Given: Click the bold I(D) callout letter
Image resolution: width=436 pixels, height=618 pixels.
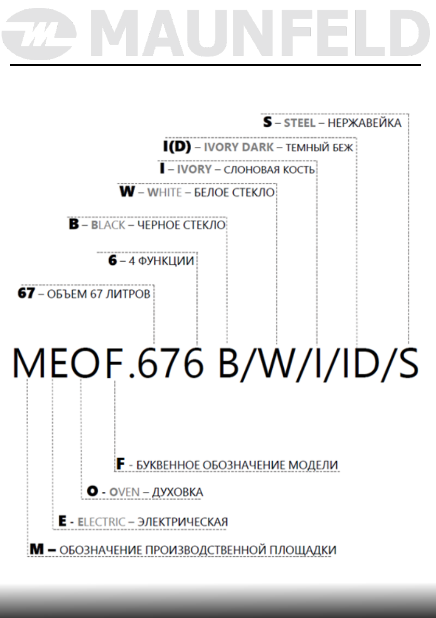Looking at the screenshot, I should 174,147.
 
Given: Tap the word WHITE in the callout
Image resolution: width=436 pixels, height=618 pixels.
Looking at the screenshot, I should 165,193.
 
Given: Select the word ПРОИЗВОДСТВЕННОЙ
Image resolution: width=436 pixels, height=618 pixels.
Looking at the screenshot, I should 197,549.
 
